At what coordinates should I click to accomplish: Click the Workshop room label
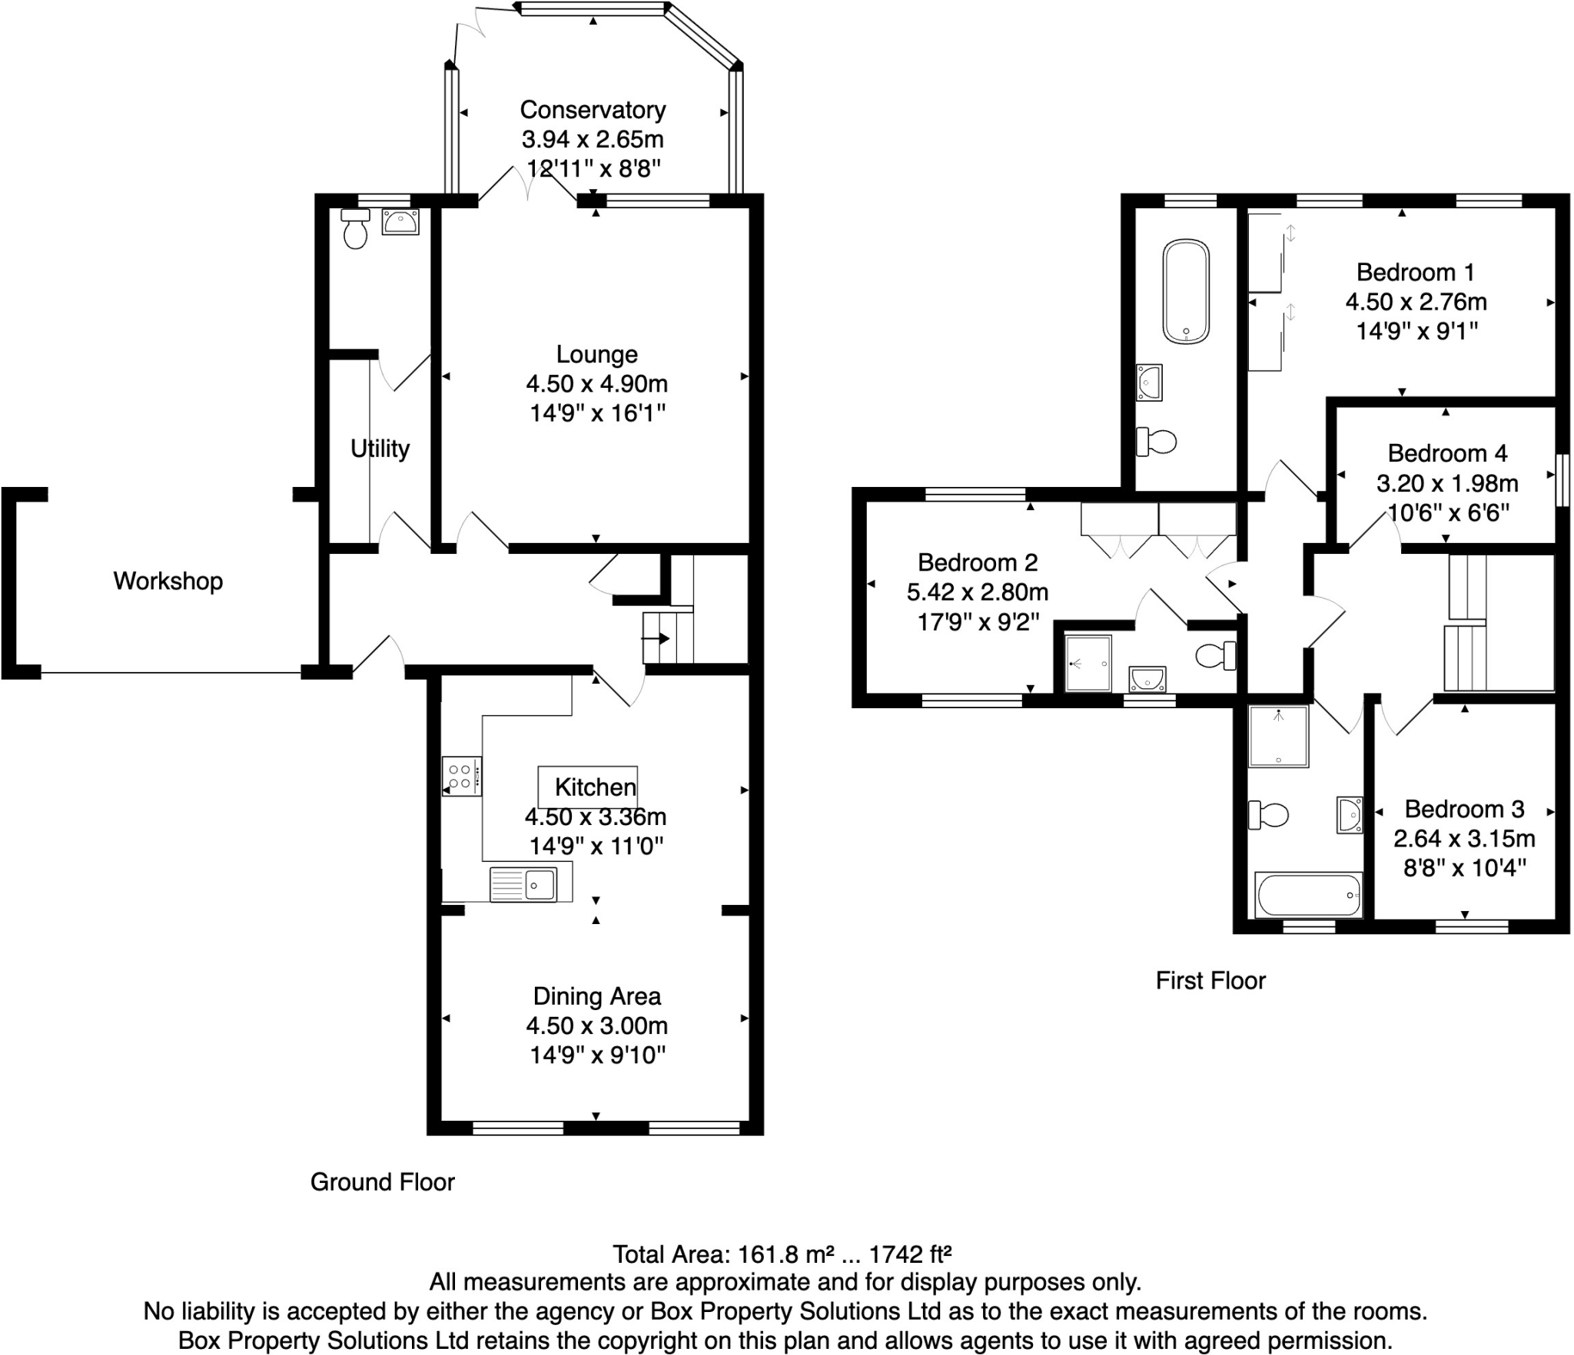tap(168, 581)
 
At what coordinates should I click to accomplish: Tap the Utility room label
tap(380, 448)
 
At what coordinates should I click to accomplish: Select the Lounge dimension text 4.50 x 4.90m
tap(596, 383)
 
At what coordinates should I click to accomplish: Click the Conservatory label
tap(593, 110)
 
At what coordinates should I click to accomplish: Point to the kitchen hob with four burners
tap(461, 776)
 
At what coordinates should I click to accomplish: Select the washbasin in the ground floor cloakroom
tap(400, 222)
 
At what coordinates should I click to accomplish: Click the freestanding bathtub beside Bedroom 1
tap(1186, 291)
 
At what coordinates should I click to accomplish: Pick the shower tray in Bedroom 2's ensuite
tap(1088, 663)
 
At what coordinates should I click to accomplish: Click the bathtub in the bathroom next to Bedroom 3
tap(1308, 895)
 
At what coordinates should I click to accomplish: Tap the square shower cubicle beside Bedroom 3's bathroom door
tap(1278, 737)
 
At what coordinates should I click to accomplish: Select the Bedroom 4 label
tap(1447, 453)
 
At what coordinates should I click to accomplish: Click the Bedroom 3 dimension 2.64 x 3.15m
tap(1464, 838)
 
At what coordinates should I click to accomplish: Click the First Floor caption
tap(1210, 980)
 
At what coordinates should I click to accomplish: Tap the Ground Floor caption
tap(382, 1181)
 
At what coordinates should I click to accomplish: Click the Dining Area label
tap(596, 996)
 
